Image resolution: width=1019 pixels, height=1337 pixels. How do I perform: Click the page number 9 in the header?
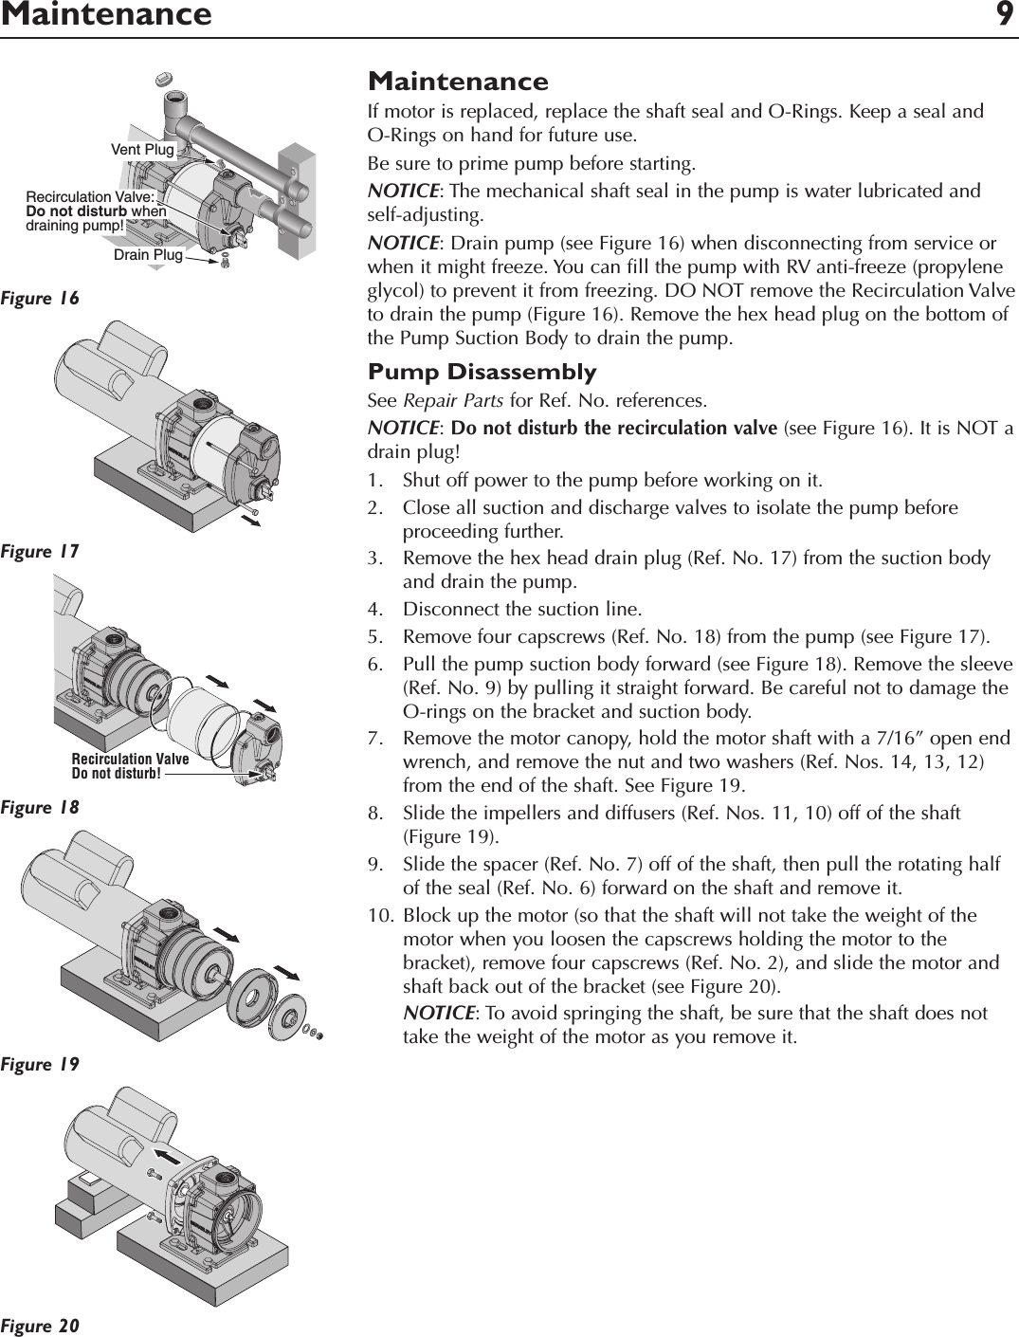tap(1004, 15)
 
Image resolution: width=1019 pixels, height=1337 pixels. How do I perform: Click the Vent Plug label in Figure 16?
tap(142, 150)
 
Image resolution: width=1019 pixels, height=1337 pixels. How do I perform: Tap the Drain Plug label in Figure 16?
tap(148, 255)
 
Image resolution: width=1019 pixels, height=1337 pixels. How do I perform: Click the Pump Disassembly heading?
tap(482, 372)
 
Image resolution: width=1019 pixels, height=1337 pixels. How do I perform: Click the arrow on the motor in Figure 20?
tap(168, 1156)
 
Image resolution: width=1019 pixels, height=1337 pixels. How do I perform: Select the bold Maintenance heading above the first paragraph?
tap(458, 82)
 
